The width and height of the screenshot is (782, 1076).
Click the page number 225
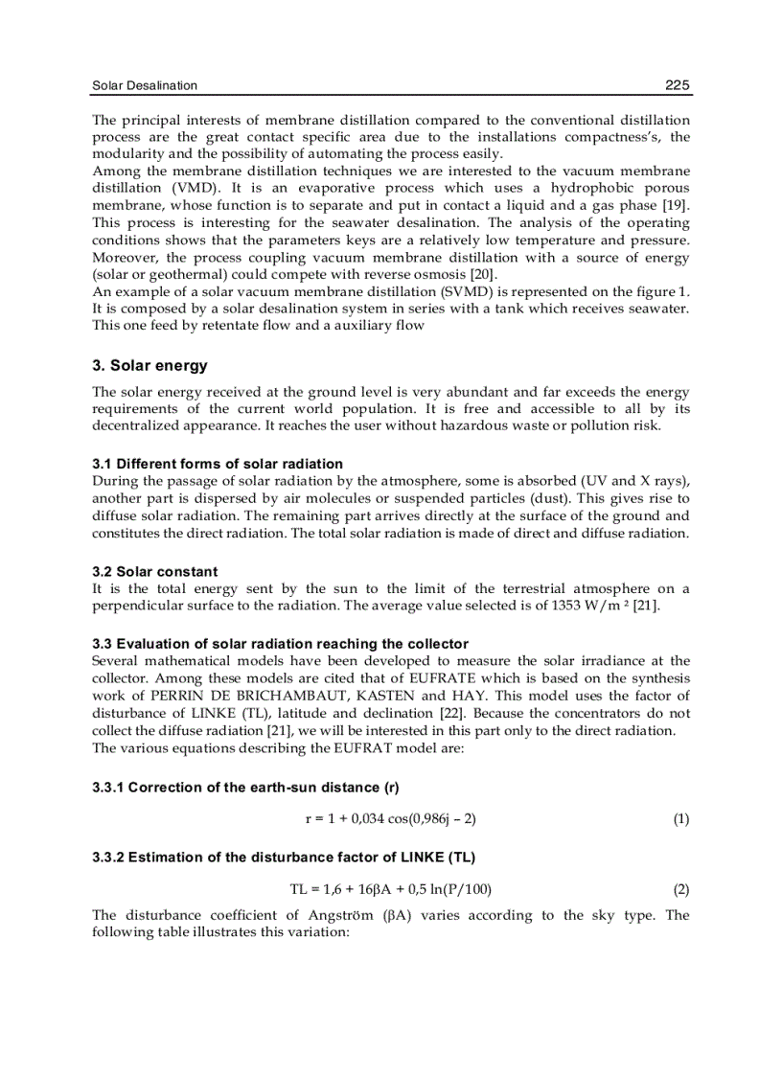677,85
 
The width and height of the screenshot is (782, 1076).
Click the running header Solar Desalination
145,85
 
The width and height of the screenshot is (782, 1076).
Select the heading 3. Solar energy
149,366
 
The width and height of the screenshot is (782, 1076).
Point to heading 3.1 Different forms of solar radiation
218,464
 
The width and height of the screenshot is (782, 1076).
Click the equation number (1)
680,819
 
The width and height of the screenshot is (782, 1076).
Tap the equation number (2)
680,888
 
